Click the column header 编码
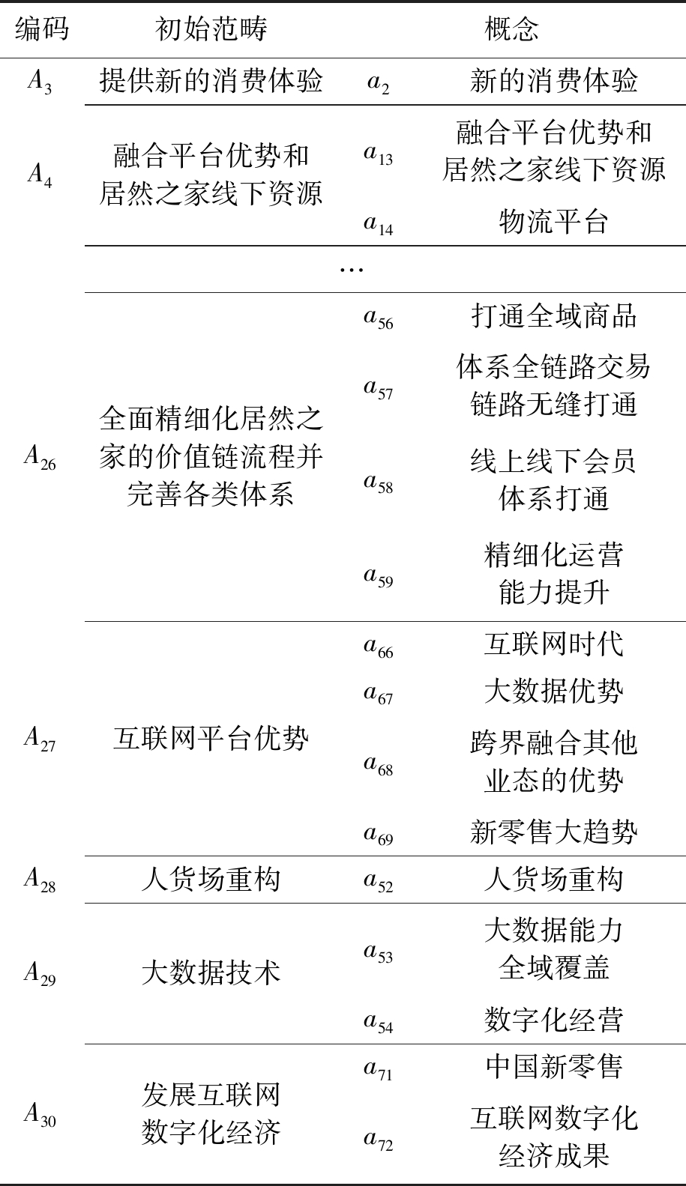click(x=41, y=29)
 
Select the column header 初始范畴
click(x=211, y=29)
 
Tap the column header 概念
click(x=512, y=29)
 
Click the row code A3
click(x=40, y=82)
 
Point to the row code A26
click(x=40, y=457)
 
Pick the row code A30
click(x=40, y=1114)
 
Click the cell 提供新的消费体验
click(x=211, y=81)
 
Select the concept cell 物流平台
click(x=553, y=222)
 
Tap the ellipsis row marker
click(x=351, y=268)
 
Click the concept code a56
click(x=379, y=318)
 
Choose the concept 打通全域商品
click(x=553, y=315)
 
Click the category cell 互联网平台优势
click(x=211, y=739)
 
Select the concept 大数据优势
click(x=553, y=691)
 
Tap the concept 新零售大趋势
click(x=553, y=832)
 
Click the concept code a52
click(x=379, y=880)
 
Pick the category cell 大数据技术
click(x=211, y=972)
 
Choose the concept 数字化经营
click(x=553, y=1020)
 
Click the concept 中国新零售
click(x=553, y=1067)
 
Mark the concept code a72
click(x=379, y=1139)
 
